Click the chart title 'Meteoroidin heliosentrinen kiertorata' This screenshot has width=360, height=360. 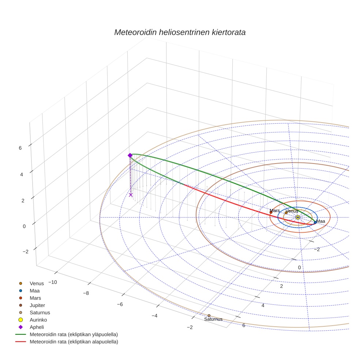180,32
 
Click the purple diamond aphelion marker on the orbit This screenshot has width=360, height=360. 130,155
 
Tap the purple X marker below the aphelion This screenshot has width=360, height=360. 131,195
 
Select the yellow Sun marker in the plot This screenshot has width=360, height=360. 298,217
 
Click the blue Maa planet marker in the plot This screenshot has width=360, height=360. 315,222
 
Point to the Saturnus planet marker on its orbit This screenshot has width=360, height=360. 209,315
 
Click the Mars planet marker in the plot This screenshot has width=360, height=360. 271,213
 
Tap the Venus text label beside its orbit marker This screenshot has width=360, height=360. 292,211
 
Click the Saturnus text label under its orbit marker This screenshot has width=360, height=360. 213,319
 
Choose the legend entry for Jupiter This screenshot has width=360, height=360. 37,305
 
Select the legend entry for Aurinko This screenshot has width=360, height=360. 38,320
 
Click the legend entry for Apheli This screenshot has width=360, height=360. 37,327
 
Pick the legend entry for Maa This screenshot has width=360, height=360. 35,290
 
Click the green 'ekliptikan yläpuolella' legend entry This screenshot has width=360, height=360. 74,334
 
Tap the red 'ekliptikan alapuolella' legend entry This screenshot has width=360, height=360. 74,342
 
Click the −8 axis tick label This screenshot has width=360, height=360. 86,293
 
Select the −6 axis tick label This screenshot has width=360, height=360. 120,304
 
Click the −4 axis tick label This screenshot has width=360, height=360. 154,316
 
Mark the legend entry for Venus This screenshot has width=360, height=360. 37,283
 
